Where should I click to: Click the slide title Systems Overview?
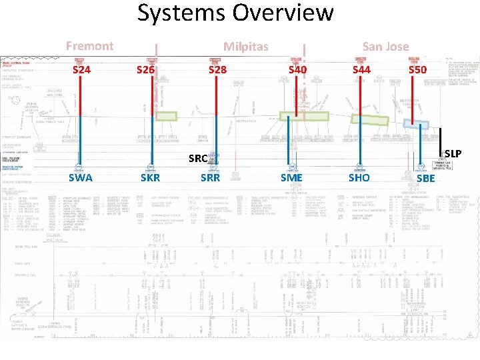(x=235, y=13)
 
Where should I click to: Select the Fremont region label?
(x=89, y=45)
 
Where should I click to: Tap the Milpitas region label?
(x=245, y=46)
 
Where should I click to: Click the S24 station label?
(x=81, y=69)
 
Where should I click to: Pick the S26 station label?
(x=145, y=69)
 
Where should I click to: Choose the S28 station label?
(x=217, y=69)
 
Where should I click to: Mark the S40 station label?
(x=297, y=69)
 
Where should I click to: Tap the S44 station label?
(x=361, y=69)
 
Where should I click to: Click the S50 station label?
(x=418, y=69)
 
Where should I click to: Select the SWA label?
(x=81, y=177)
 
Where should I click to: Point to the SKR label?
(x=150, y=177)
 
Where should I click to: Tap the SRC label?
(x=198, y=159)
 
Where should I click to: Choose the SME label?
(x=291, y=177)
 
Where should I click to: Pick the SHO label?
(x=359, y=177)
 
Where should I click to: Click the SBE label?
(x=425, y=178)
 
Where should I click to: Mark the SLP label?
(x=453, y=154)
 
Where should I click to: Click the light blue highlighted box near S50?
(x=417, y=123)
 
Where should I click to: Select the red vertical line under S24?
(x=80, y=120)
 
